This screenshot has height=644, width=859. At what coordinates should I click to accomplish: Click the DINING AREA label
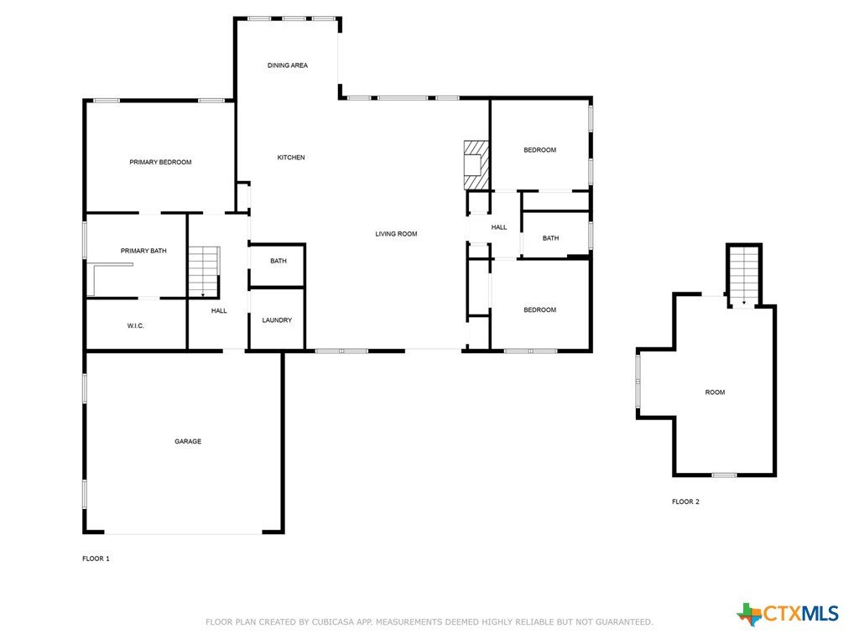pyautogui.click(x=288, y=65)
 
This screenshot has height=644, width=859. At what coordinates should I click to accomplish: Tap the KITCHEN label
pyautogui.click(x=291, y=157)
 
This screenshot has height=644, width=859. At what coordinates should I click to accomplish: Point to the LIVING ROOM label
pyautogui.click(x=396, y=234)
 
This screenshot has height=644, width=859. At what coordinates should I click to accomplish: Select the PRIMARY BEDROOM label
pyautogui.click(x=160, y=162)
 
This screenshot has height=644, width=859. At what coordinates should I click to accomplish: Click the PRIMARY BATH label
pyautogui.click(x=143, y=251)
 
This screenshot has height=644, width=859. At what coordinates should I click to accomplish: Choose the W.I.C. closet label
pyautogui.click(x=136, y=326)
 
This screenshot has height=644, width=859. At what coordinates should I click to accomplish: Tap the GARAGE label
pyautogui.click(x=188, y=441)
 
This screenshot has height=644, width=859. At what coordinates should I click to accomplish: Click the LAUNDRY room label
pyautogui.click(x=277, y=320)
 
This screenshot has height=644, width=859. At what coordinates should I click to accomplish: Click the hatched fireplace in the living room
pyautogui.click(x=476, y=165)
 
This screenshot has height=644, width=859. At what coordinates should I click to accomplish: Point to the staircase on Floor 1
pyautogui.click(x=205, y=272)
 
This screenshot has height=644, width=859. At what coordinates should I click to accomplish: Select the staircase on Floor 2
pyautogui.click(x=744, y=275)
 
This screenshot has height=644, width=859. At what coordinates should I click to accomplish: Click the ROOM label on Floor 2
pyautogui.click(x=715, y=392)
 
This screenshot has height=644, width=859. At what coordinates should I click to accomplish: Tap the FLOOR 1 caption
pyautogui.click(x=96, y=558)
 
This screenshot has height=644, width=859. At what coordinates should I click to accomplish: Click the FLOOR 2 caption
pyautogui.click(x=686, y=501)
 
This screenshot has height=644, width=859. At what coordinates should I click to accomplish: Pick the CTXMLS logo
pyautogui.click(x=787, y=614)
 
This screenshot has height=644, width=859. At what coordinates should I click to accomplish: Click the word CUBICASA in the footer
pyautogui.click(x=332, y=622)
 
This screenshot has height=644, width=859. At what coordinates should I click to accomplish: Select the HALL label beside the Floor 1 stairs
pyautogui.click(x=219, y=311)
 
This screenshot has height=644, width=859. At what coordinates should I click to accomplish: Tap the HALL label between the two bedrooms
pyautogui.click(x=499, y=227)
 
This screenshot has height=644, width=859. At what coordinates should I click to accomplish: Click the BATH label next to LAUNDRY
pyautogui.click(x=279, y=262)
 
